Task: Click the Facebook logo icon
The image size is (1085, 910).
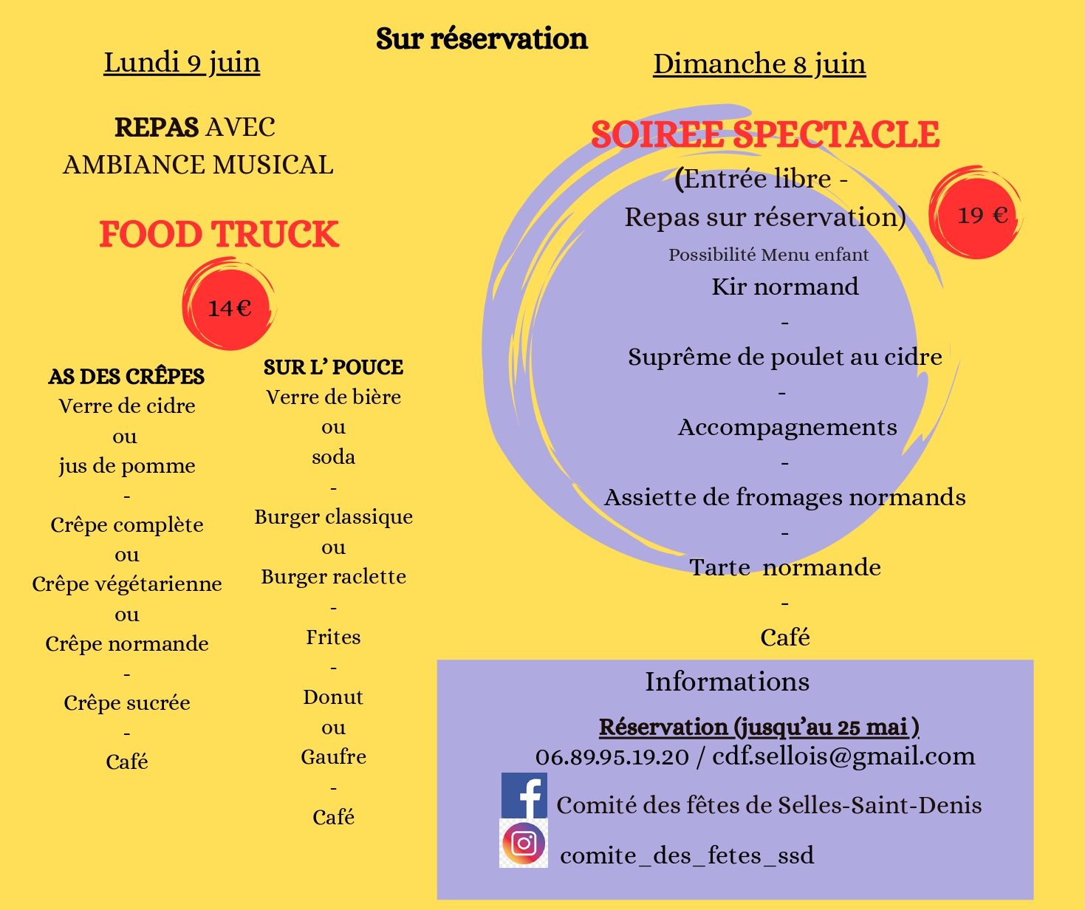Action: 524,796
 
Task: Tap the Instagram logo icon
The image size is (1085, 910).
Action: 524,843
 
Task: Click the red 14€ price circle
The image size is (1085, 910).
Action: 229,307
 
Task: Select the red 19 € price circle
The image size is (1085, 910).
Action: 976,214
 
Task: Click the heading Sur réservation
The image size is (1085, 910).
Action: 482,38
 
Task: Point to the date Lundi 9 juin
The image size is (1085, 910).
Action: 182,63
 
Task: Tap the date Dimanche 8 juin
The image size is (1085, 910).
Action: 759,64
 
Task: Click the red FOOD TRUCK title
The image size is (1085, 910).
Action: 219,234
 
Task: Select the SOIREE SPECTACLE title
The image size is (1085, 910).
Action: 765,134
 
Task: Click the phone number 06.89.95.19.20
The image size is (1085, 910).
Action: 612,756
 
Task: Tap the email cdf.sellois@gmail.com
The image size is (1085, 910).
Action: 843,756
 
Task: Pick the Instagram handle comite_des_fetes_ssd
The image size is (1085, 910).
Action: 687,855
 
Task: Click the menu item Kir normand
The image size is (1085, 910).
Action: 785,287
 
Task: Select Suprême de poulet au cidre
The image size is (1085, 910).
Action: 785,357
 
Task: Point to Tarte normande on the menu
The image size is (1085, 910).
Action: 785,567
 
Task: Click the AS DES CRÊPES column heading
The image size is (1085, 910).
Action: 126,376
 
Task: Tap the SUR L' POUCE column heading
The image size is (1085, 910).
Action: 333,367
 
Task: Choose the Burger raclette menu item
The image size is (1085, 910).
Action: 333,577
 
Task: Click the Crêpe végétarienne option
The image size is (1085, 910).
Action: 127,584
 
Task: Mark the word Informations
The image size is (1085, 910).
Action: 727,682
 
